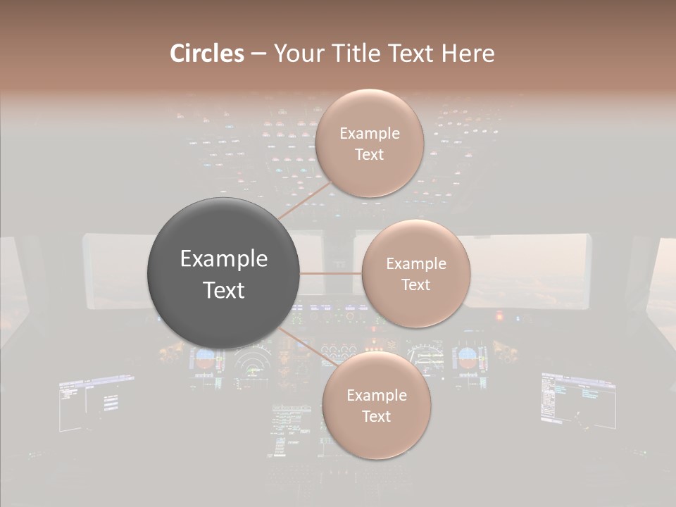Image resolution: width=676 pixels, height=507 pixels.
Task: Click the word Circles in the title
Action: [206, 54]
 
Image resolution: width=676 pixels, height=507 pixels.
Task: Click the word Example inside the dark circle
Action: [224, 259]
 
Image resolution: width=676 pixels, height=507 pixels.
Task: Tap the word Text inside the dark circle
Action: [224, 290]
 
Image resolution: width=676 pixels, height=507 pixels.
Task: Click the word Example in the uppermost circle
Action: [370, 134]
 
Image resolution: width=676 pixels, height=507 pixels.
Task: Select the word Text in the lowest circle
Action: [376, 416]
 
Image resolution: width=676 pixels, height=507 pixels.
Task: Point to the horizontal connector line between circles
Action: [331, 273]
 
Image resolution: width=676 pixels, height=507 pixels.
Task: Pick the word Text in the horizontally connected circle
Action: [415, 285]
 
